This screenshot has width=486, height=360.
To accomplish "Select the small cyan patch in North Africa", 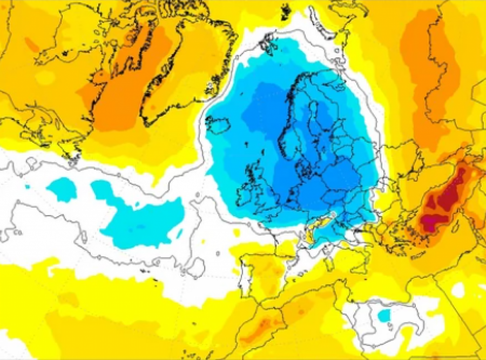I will point(384,315).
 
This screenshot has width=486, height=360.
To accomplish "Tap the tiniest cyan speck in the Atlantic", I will point(28,186).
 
